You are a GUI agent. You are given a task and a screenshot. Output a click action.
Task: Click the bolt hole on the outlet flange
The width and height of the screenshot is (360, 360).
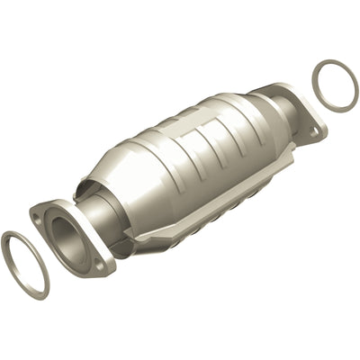coord(315,131)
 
